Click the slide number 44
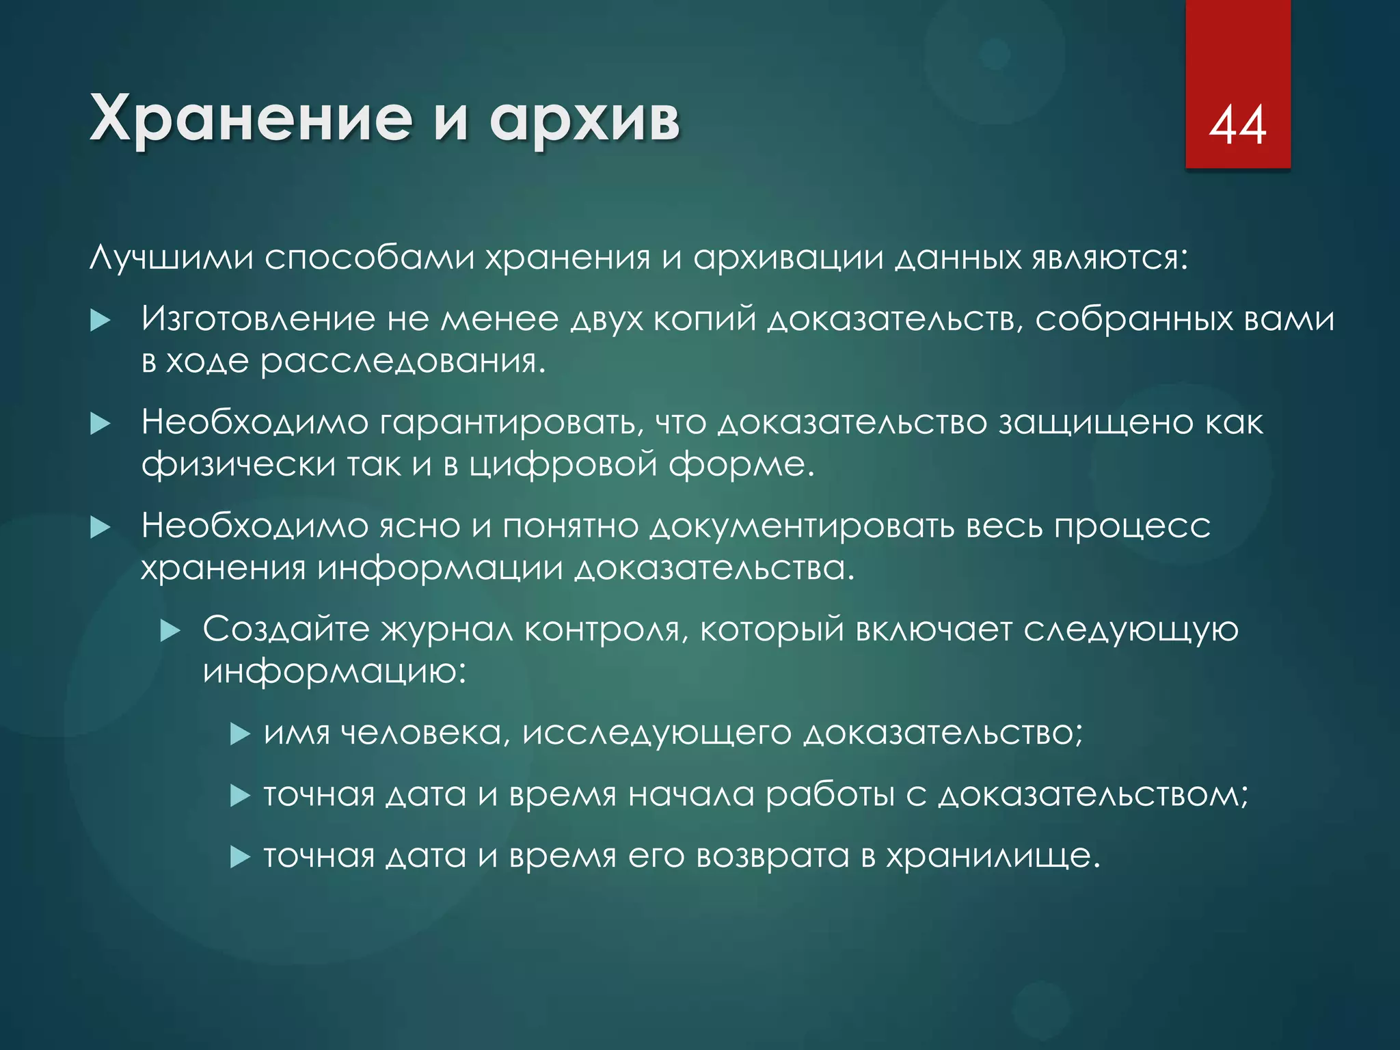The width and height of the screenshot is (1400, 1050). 1237,126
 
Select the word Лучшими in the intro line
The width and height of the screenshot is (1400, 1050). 172,258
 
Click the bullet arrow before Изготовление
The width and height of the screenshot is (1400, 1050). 100,320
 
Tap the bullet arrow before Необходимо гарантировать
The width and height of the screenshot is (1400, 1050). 100,424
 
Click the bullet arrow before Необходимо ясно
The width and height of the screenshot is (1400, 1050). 100,527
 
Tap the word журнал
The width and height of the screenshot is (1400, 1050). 446,630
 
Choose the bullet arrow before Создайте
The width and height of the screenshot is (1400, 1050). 170,630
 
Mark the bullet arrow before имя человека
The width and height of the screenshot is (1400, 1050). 240,734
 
